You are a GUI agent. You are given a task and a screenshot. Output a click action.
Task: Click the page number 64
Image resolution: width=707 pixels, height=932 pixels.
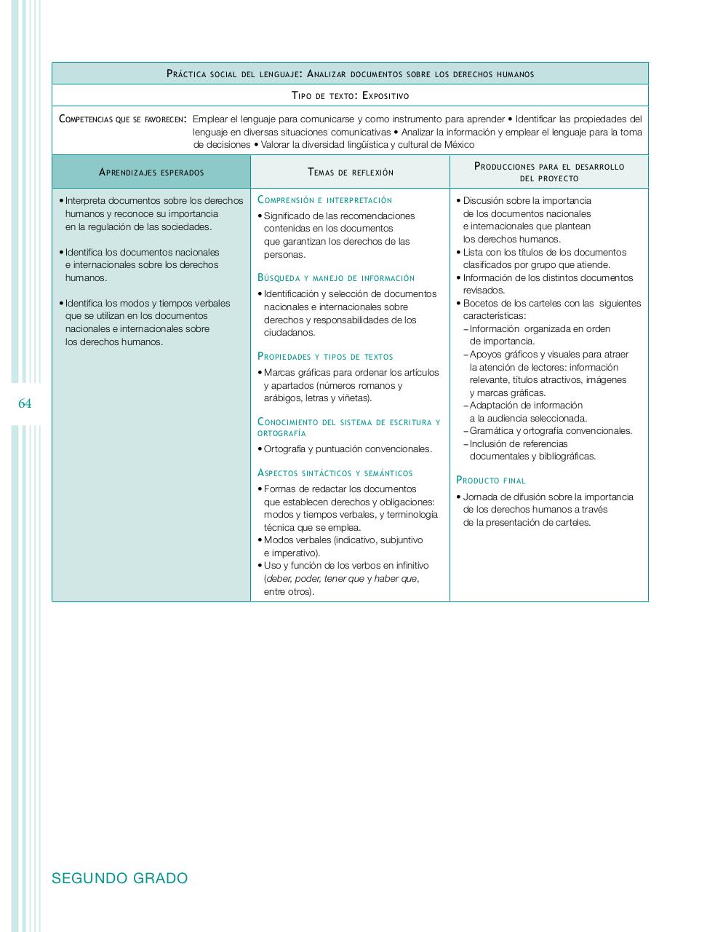[x=25, y=403]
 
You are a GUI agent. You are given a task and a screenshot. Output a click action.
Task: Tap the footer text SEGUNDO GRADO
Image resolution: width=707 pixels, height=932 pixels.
[x=120, y=878]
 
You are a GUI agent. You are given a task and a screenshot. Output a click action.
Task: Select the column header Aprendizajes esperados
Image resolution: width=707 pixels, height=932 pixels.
[x=151, y=173]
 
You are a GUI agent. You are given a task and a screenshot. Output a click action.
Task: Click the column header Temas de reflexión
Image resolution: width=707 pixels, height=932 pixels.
[x=351, y=173]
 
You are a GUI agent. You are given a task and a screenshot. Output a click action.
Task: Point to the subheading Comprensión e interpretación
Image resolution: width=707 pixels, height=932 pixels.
[x=324, y=200]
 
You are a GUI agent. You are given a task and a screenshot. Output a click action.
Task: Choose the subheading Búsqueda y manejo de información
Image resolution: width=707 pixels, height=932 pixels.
[x=336, y=278]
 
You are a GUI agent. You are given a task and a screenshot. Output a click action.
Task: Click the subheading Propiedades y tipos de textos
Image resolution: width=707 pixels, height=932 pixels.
[x=325, y=357]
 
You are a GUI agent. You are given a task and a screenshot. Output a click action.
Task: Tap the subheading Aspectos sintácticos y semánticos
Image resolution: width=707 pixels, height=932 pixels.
[x=335, y=473]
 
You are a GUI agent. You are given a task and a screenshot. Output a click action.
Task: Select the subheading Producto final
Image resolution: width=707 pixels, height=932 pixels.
[x=490, y=481]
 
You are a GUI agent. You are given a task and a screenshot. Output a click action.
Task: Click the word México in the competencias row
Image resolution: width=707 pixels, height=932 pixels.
[x=459, y=145]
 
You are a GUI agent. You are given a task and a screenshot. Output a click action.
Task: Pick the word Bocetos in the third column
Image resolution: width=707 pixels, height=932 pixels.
[x=481, y=304]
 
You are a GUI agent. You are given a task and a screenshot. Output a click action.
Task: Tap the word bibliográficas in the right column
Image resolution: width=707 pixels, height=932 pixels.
[x=567, y=457]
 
